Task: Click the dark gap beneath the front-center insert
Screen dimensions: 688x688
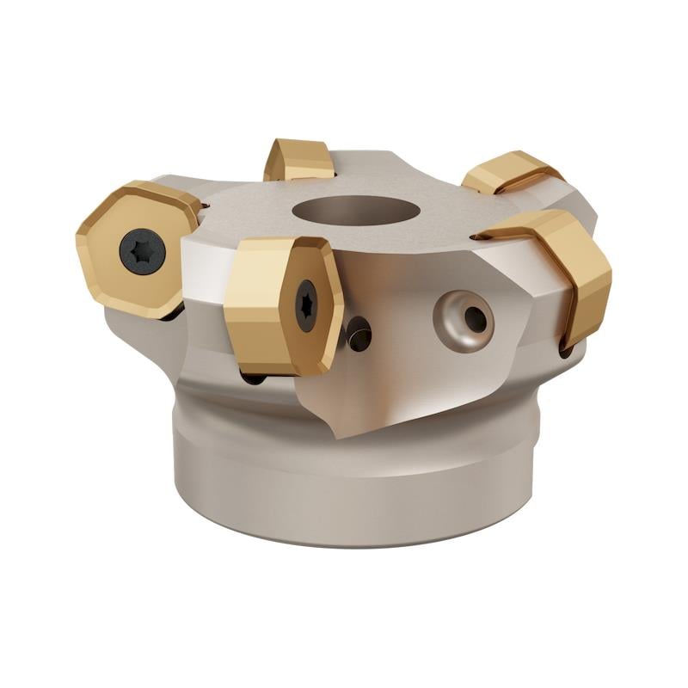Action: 254,377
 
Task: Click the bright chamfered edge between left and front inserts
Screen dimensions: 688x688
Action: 206,258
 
